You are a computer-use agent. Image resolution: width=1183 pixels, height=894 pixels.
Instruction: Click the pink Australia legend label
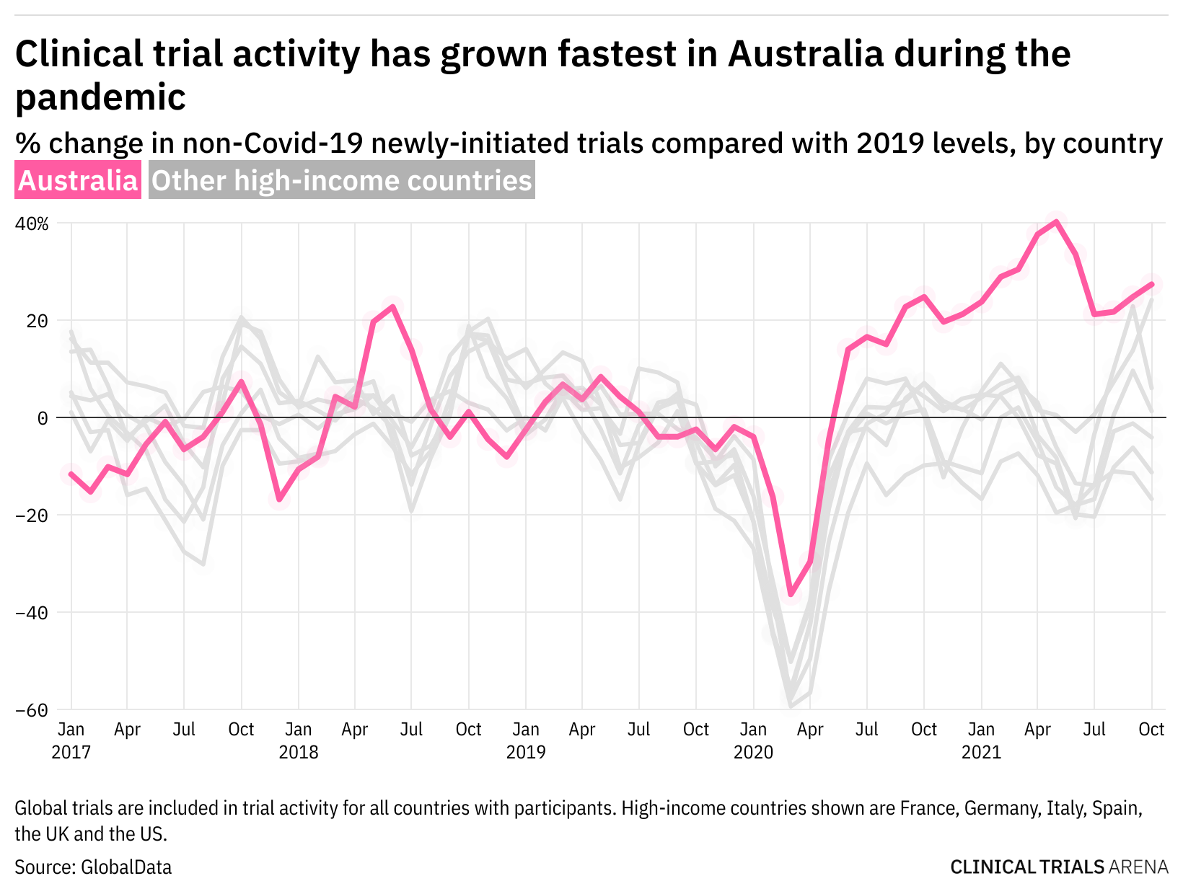(x=78, y=180)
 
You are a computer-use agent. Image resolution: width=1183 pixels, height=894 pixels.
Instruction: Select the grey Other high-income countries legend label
(x=342, y=180)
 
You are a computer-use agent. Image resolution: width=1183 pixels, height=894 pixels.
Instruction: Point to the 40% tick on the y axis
(x=32, y=223)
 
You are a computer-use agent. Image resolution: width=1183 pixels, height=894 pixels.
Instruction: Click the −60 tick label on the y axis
(x=32, y=710)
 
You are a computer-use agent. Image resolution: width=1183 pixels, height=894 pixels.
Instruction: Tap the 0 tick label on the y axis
(x=43, y=418)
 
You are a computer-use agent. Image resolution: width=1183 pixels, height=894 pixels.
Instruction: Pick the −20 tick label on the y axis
(x=32, y=515)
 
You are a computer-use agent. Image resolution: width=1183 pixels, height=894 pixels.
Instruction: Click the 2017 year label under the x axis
(x=71, y=753)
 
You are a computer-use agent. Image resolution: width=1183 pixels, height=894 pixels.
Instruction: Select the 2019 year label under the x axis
(x=526, y=753)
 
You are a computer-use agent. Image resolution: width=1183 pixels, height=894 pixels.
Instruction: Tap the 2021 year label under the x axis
(x=981, y=753)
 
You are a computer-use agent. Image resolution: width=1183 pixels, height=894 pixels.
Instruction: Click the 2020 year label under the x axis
(x=753, y=753)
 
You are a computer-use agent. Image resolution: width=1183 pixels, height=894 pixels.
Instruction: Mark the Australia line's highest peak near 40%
(x=1057, y=221)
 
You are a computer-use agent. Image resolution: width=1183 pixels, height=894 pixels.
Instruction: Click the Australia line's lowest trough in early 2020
(x=791, y=594)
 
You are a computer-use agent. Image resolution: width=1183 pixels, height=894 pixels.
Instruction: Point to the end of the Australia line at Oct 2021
(x=1151, y=284)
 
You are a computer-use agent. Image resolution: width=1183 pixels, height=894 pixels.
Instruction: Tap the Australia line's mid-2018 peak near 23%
(x=392, y=306)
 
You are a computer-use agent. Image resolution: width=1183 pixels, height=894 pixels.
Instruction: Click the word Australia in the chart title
(x=805, y=54)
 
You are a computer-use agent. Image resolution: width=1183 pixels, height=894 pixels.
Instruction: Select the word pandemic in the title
(x=100, y=97)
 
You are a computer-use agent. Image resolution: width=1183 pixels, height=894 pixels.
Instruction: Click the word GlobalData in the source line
(x=126, y=867)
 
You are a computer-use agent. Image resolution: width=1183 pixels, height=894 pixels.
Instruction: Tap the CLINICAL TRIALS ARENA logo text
(x=1059, y=867)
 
